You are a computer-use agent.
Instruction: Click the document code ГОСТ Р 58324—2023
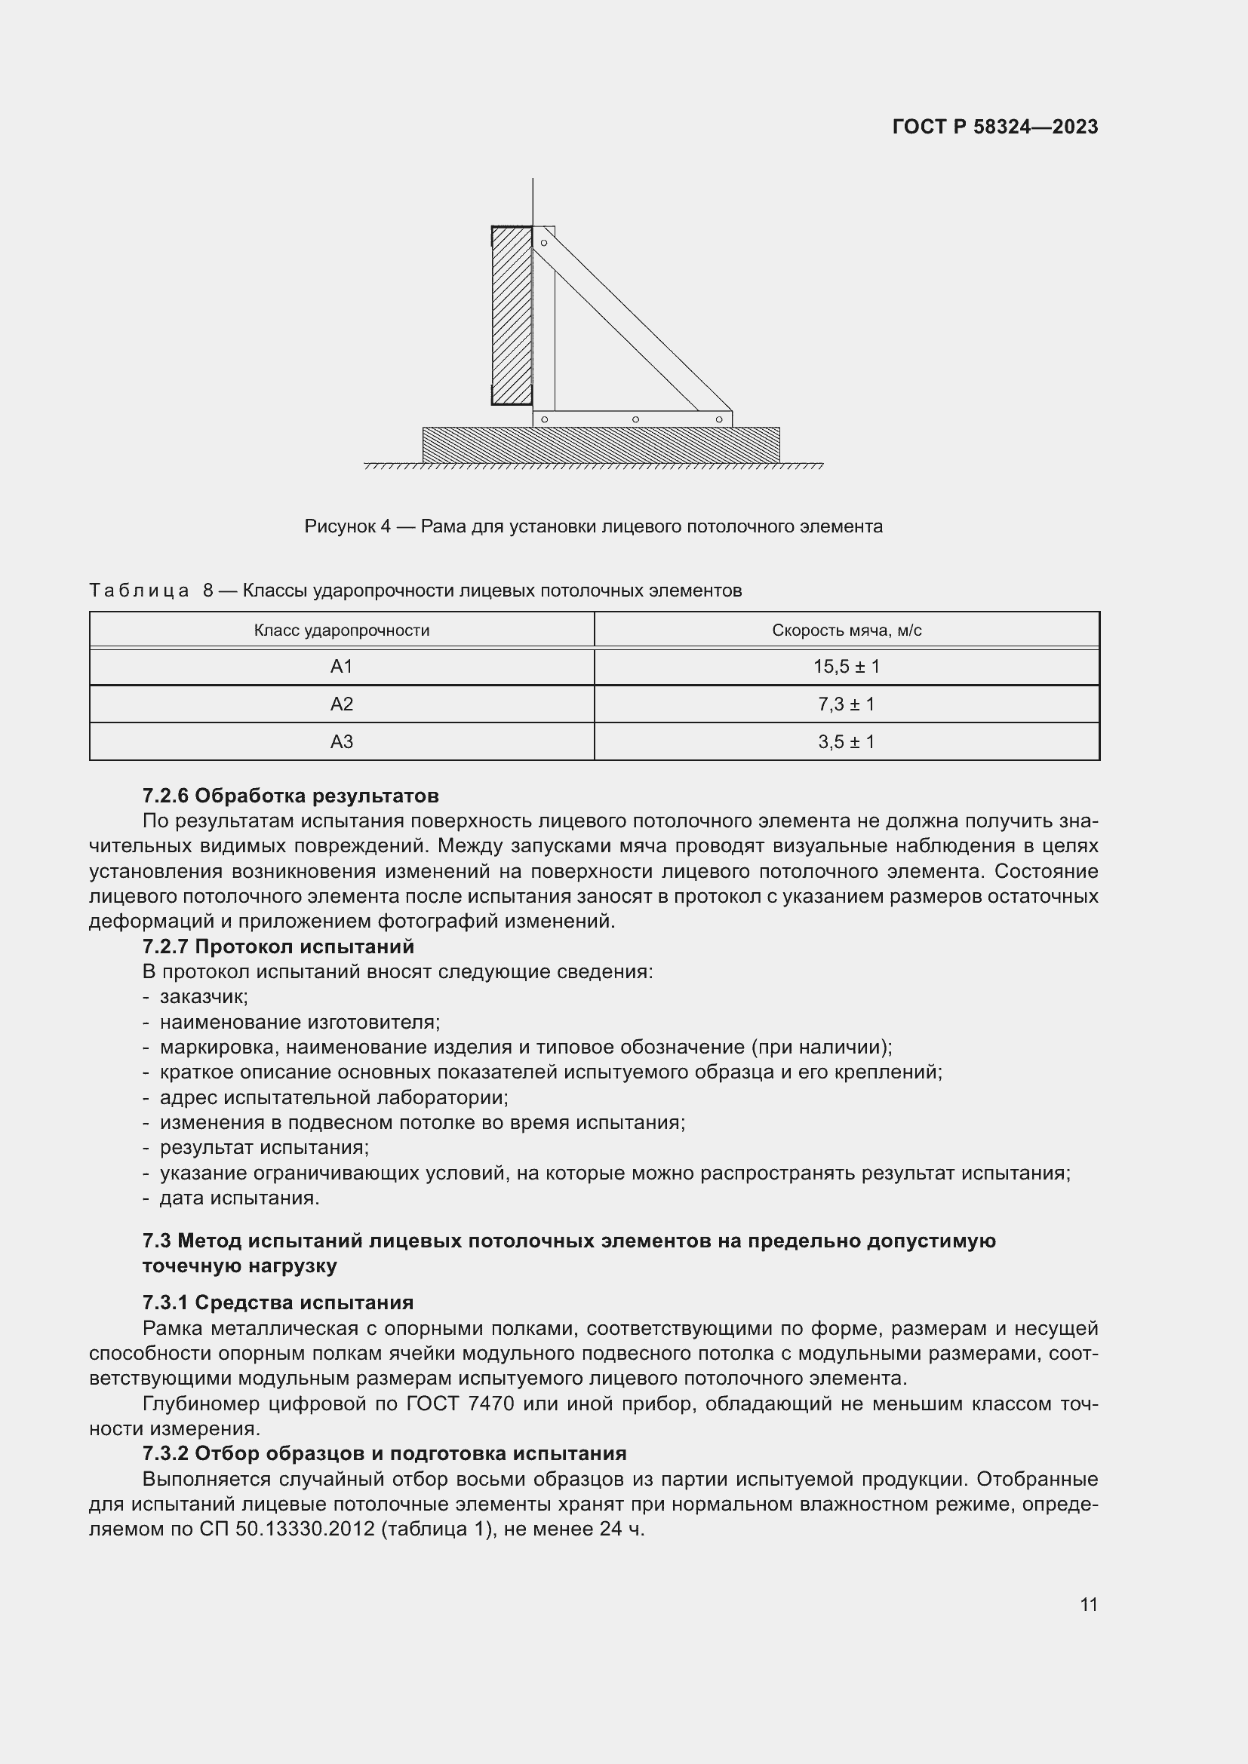tap(995, 127)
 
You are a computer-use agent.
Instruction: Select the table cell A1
tap(341, 667)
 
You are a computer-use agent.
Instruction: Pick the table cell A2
tap(341, 704)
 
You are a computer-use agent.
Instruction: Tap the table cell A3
tap(341, 741)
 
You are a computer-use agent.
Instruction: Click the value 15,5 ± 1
tap(846, 667)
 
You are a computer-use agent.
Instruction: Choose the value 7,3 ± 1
tap(846, 704)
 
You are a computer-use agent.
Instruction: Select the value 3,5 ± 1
tap(846, 741)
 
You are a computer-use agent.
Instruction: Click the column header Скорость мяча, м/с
tap(846, 630)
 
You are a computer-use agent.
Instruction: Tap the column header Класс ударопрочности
tap(341, 630)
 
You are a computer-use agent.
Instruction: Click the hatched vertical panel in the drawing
tap(512, 315)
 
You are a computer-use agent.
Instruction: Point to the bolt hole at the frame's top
tap(544, 243)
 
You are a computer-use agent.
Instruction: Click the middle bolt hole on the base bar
tap(635, 419)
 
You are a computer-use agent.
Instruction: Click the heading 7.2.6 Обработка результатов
tap(290, 795)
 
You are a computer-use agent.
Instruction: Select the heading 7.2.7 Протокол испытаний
tap(278, 946)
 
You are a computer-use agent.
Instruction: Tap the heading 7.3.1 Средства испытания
tap(278, 1302)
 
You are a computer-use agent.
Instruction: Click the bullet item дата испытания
tap(239, 1198)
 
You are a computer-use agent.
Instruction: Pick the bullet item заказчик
tap(204, 997)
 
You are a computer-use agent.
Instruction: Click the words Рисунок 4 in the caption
tap(347, 526)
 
